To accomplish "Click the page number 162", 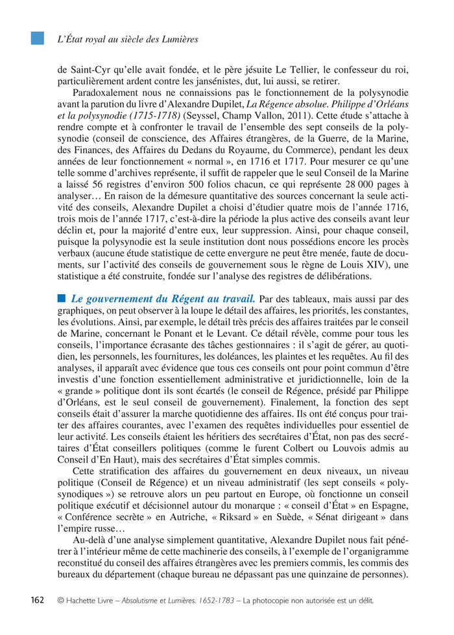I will [x=38, y=600].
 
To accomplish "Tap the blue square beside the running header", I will [x=38, y=38].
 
